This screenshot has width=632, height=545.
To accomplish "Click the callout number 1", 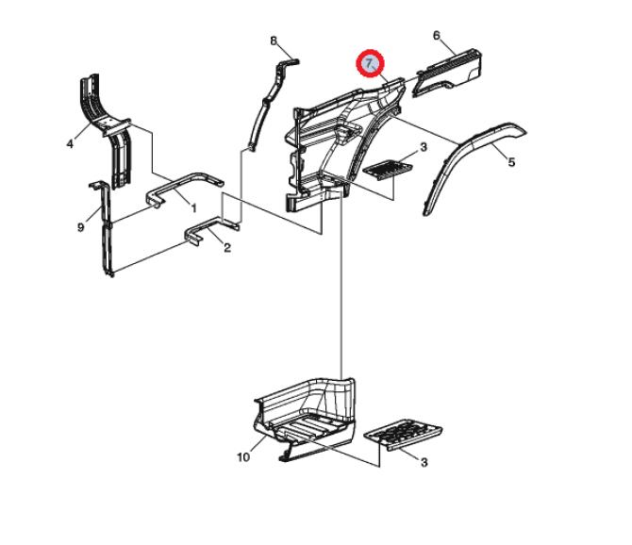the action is (x=193, y=208).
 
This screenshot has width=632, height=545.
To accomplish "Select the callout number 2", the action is (x=227, y=248).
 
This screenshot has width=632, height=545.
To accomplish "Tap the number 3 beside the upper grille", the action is (x=424, y=147).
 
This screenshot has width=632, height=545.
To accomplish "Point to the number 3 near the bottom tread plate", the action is (x=424, y=462).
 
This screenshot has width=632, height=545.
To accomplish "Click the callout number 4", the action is (x=70, y=143).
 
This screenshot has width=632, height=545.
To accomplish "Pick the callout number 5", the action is (x=511, y=162).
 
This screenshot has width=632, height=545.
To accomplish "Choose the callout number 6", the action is (x=437, y=36).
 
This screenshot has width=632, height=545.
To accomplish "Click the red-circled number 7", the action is (x=370, y=63).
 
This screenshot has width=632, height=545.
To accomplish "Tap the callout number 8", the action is (x=274, y=41).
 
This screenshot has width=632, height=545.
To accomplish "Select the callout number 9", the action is (x=81, y=227).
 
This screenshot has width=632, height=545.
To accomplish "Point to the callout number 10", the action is (x=243, y=457).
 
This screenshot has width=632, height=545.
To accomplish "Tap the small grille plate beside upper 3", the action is (x=388, y=168).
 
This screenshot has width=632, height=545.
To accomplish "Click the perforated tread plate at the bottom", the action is (x=403, y=435).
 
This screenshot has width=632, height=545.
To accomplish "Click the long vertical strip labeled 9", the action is (x=107, y=230).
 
